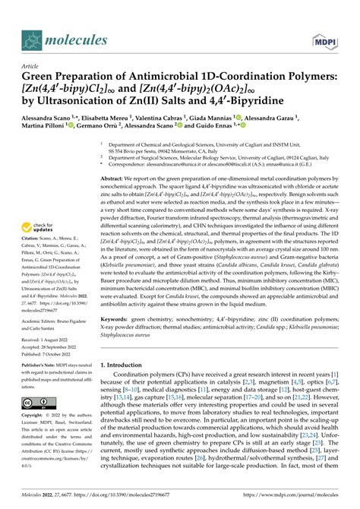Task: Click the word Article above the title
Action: click(x=31, y=67)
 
